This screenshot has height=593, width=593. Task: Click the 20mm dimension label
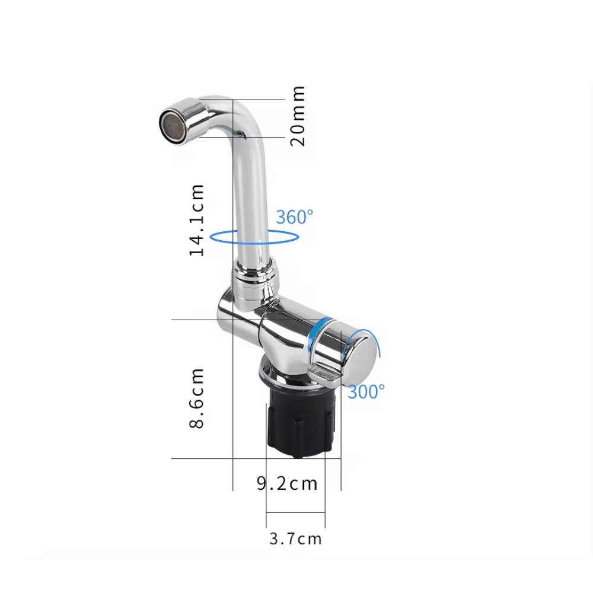tap(298, 116)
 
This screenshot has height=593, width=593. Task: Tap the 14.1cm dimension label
tap(197, 219)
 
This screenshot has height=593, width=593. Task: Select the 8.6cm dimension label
tap(197, 397)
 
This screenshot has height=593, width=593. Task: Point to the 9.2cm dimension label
tap(287, 483)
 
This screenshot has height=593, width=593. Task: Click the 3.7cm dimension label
tap(295, 539)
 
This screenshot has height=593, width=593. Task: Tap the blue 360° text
tap(294, 217)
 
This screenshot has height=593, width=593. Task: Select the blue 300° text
tap(366, 391)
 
